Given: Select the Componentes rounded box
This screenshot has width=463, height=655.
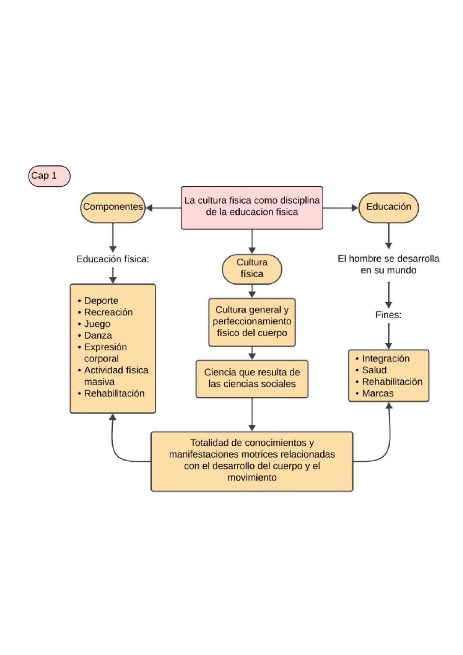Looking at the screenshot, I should click(x=113, y=207).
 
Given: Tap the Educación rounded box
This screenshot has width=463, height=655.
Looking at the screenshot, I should click(x=388, y=207).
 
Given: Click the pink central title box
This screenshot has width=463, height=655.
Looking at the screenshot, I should click(x=252, y=207).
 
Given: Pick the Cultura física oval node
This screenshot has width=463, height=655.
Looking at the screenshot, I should click(x=252, y=269).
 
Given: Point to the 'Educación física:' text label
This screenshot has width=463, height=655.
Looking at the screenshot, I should click(x=112, y=259).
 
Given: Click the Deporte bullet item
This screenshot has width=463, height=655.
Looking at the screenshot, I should click(x=101, y=300).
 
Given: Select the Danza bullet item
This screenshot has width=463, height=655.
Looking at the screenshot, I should click(x=98, y=335).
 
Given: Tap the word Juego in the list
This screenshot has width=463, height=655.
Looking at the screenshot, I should click(x=97, y=324).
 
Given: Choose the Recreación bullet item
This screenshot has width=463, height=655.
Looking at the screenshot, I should click(x=108, y=312).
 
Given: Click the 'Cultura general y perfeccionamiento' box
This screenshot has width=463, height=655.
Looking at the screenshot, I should click(x=252, y=322).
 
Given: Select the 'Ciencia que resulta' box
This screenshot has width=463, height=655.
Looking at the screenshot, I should click(x=252, y=379).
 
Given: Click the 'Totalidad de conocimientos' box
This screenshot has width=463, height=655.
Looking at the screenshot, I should click(x=252, y=461).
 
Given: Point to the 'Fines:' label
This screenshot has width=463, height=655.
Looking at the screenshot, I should click(x=388, y=315).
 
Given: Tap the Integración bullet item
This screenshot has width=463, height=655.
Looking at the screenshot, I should click(x=385, y=358).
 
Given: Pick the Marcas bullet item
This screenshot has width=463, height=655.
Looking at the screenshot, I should click(x=377, y=393).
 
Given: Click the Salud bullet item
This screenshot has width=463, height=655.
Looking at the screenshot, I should click(x=374, y=370).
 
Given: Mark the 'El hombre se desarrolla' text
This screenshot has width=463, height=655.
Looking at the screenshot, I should click(x=388, y=264).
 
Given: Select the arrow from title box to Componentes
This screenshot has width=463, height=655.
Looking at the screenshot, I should click(x=163, y=208).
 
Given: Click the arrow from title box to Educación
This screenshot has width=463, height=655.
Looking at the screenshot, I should click(x=340, y=208).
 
